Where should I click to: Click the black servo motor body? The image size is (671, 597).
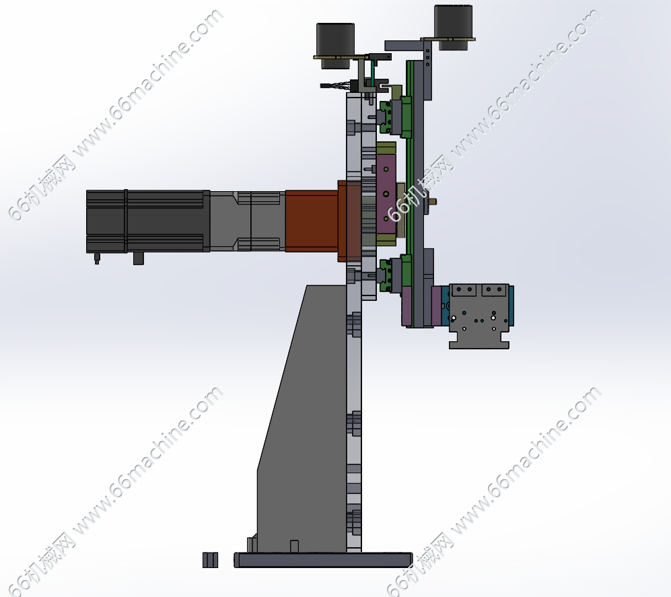pos(147,221)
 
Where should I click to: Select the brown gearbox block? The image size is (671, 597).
pos(312,221)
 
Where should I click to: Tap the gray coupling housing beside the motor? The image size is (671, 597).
pos(248,221)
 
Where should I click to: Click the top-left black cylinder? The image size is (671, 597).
pos(335,45)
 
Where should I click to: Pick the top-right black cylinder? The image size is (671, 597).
pos(453,27)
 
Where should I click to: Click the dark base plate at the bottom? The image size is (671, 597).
pos(323,560)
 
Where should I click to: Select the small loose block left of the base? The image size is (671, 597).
pos(210,560)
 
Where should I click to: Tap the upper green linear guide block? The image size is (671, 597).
pos(386,117)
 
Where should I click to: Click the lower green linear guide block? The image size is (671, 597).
pos(386,275)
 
